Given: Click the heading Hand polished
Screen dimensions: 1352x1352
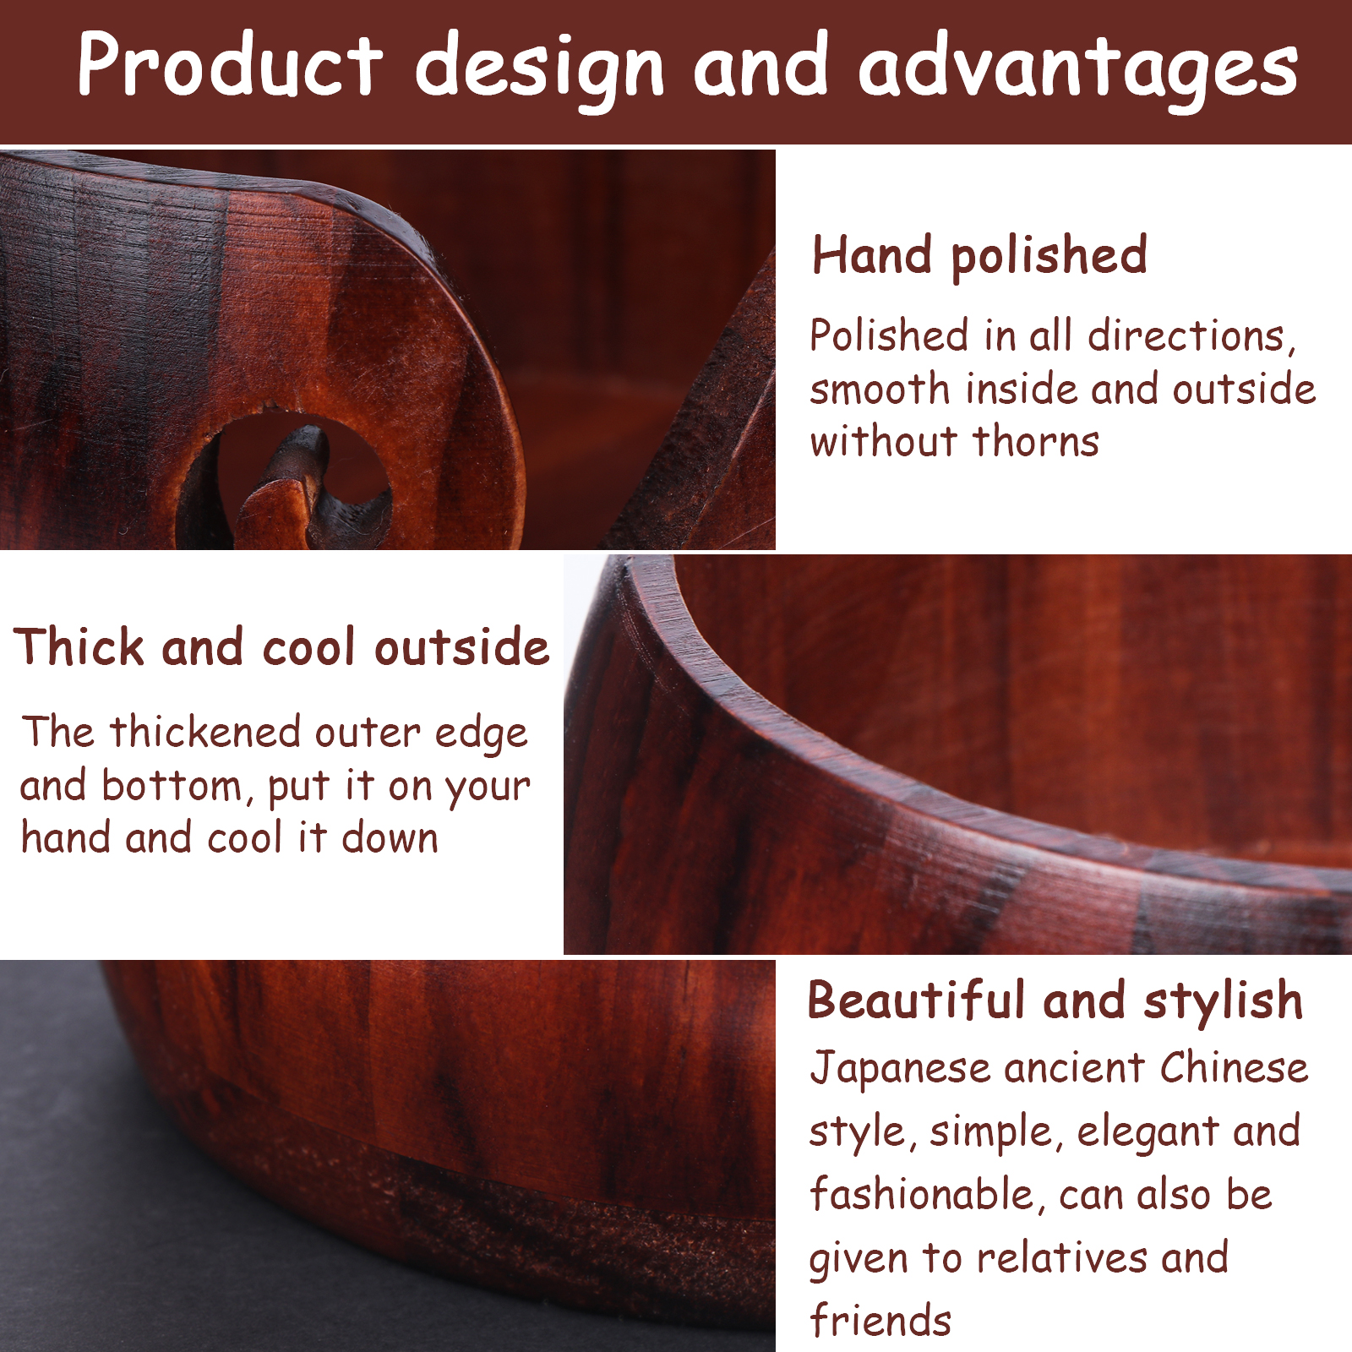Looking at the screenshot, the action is click(979, 255).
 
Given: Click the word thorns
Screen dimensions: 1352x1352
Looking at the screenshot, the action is click(1035, 441).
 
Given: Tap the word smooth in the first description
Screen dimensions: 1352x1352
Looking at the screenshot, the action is click(880, 390).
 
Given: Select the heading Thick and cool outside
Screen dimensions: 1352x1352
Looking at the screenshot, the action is click(281, 647).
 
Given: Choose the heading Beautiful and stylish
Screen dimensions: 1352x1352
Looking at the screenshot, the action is click(1055, 1001).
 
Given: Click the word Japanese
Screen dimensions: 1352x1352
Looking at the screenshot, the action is click(900, 1069).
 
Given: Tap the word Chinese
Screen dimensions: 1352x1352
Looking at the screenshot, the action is click(1234, 1067).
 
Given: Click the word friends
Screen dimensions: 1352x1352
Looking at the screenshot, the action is click(880, 1321).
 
